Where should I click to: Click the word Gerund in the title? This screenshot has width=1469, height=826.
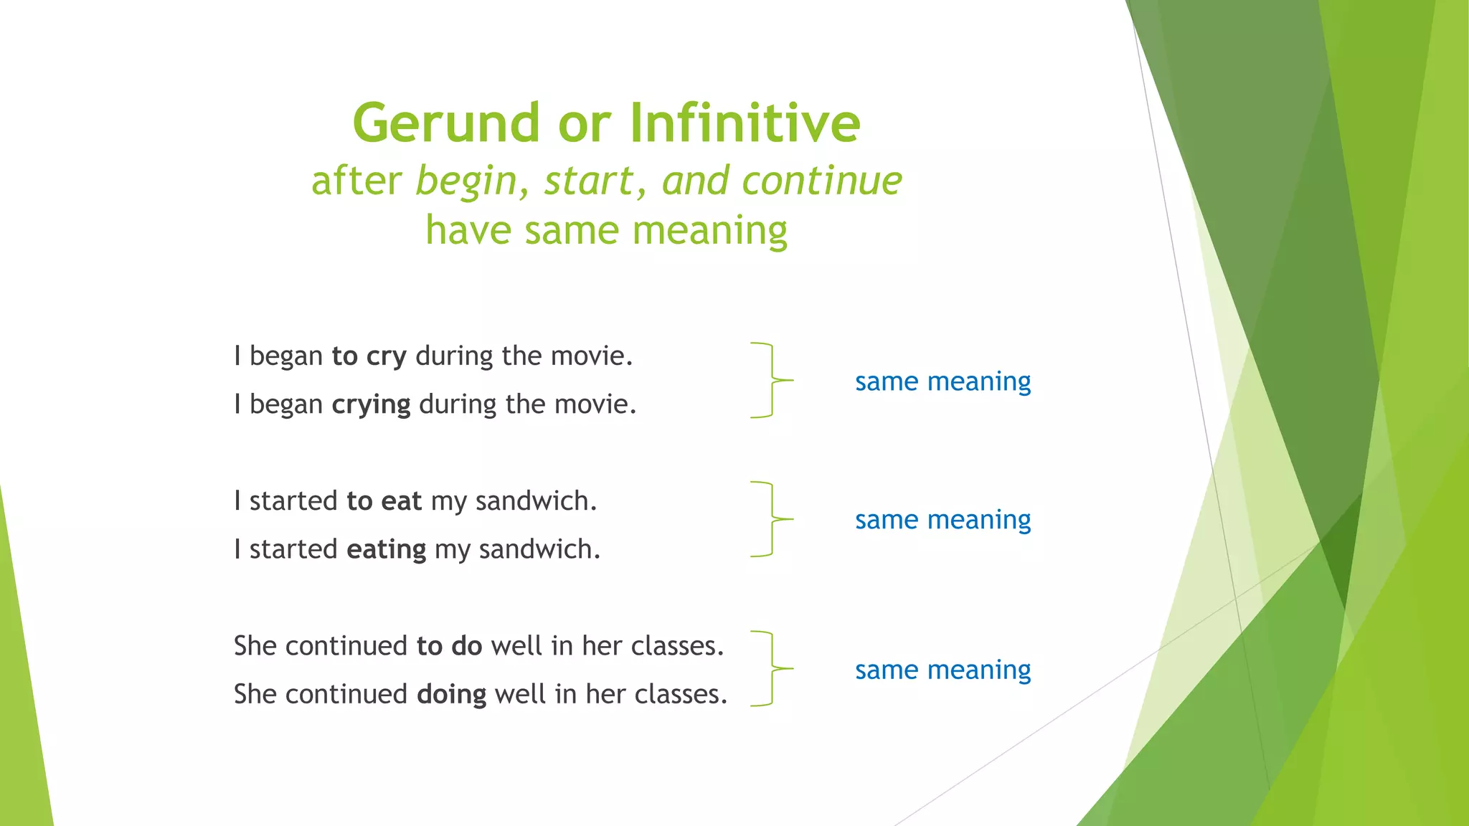coord(445,123)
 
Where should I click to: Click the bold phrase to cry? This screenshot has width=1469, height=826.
coord(369,356)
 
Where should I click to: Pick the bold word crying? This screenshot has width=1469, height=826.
coord(371,405)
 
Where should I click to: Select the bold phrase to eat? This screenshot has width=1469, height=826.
coord(384,501)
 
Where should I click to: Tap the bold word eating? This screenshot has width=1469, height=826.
coord(386,550)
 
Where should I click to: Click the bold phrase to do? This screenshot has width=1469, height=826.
coord(449,647)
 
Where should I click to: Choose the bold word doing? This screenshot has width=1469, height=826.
coord(451,695)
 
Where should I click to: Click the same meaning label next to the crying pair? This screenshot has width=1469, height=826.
coord(942,381)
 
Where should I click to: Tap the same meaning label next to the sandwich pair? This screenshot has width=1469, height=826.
coord(942,520)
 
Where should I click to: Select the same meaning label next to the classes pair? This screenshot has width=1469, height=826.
coord(942,670)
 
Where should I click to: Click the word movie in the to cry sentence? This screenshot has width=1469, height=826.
coord(592,356)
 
